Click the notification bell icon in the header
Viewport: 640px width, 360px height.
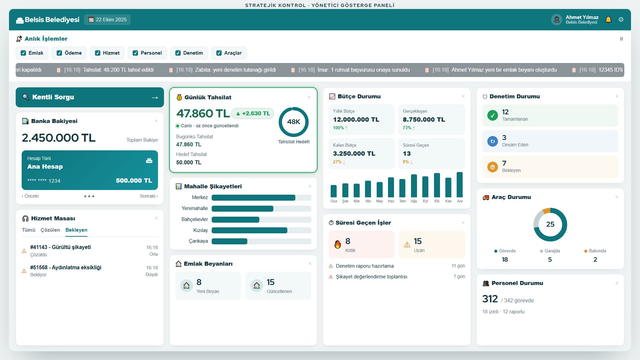pyautogui.click(x=608, y=20)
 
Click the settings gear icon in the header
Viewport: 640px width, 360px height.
pyautogui.click(x=621, y=20)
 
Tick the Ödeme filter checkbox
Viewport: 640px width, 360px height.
pyautogui.click(x=59, y=53)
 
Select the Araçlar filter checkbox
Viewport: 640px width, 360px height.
pyautogui.click(x=219, y=53)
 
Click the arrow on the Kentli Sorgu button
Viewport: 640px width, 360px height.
pyautogui.click(x=155, y=98)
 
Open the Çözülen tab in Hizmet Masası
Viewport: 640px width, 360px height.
pyautogui.click(x=50, y=230)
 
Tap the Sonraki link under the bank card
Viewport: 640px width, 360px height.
pyautogui.click(x=149, y=196)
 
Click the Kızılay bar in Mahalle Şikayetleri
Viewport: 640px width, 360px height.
pyautogui.click(x=249, y=230)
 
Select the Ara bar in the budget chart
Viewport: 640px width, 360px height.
pyautogui.click(x=460, y=185)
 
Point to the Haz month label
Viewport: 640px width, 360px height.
pyautogui.click(x=391, y=201)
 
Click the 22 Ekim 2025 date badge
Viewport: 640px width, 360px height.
pyautogui.click(x=107, y=20)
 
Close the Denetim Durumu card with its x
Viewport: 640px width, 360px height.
pyautogui.click(x=617, y=96)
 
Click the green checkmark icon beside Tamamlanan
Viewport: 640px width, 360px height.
pyautogui.click(x=493, y=115)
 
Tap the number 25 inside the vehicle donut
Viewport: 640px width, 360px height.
pyautogui.click(x=550, y=224)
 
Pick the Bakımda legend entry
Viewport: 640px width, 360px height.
pyautogui.click(x=595, y=251)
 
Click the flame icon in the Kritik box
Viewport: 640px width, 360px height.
pyautogui.click(x=338, y=244)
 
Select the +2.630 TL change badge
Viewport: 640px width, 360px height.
pyautogui.click(x=253, y=113)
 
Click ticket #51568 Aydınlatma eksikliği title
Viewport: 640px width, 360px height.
pyautogui.click(x=66, y=267)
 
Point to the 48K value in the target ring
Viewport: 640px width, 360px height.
pyautogui.click(x=294, y=122)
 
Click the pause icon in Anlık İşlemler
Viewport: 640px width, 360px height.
pyautogui.click(x=621, y=39)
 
